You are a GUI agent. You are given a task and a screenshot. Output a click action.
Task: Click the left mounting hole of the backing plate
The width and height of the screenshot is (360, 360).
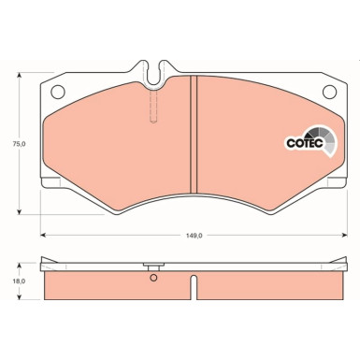56,92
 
